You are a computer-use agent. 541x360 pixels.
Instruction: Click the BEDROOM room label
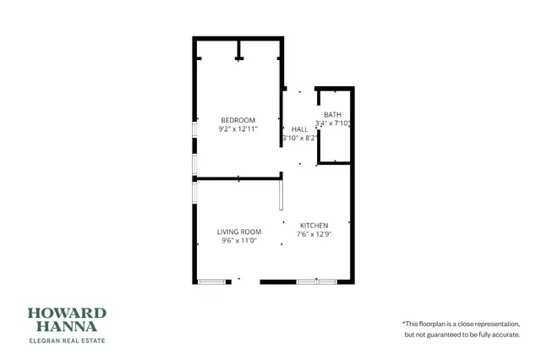point(238,120)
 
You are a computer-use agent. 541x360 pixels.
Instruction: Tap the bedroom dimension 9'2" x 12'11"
point(238,129)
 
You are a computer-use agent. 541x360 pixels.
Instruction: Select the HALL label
point(299,129)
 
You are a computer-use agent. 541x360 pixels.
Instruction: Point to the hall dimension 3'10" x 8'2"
point(299,138)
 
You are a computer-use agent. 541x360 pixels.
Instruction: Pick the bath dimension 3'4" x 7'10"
point(333,123)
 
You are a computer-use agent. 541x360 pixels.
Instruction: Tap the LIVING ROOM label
point(238,232)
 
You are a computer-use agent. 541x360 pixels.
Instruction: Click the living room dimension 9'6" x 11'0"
point(238,241)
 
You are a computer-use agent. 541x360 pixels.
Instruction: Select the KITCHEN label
point(314,225)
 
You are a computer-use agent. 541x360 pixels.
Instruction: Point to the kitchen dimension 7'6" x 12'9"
point(314,234)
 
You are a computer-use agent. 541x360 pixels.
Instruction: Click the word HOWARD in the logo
point(67,312)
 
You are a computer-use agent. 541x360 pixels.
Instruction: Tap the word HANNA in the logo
point(67,325)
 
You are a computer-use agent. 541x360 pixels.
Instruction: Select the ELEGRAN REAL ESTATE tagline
point(67,340)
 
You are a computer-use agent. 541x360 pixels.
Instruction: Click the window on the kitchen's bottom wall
point(316,281)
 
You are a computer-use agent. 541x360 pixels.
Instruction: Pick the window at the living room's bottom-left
point(210,281)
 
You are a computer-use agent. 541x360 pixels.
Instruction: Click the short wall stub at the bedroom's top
point(239,52)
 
